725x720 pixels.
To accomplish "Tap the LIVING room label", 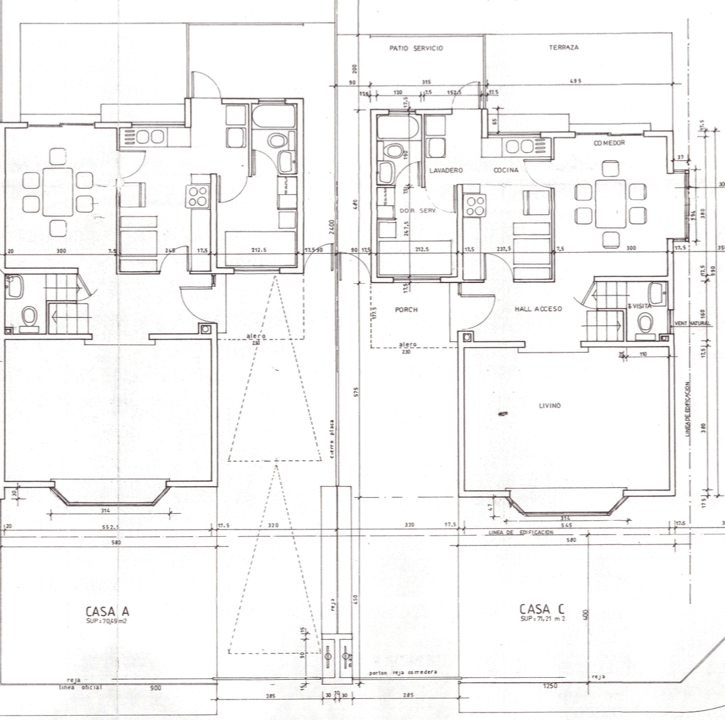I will click(x=549, y=405).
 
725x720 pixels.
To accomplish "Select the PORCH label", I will click(x=407, y=310).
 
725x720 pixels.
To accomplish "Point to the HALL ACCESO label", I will click(x=538, y=309).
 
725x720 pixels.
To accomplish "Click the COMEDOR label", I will click(x=609, y=143).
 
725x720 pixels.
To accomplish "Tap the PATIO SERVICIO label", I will click(x=416, y=48).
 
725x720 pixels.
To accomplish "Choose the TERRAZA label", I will click(x=564, y=48).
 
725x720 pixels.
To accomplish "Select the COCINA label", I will click(x=506, y=170).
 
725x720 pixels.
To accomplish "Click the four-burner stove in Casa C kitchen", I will click(x=475, y=206).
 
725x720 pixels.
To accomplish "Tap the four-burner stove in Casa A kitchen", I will click(x=199, y=197).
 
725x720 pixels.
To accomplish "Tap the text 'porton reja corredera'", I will click(x=403, y=672).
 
